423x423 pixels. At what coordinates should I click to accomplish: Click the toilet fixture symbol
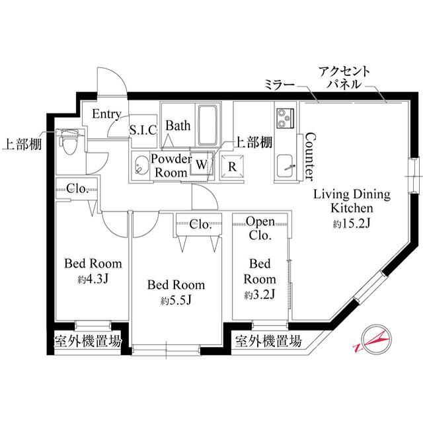[69, 141]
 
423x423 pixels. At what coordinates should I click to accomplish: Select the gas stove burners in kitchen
[286, 119]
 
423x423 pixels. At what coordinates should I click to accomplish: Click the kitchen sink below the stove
[286, 166]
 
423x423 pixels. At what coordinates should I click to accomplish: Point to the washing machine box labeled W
[201, 163]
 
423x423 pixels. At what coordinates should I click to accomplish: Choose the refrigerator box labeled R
[231, 166]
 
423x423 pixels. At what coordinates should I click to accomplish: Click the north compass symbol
[371, 341]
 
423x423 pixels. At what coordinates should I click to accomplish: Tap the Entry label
[106, 114]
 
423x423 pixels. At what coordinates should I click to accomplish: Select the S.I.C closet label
[142, 130]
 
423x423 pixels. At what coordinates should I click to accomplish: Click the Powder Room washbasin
[141, 166]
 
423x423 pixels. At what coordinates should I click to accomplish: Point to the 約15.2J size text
[351, 224]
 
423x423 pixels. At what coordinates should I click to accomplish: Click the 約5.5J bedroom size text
[175, 301]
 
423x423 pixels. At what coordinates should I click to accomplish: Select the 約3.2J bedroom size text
[260, 293]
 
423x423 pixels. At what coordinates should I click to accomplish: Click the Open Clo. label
[260, 228]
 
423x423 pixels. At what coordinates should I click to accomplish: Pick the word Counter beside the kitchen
[307, 157]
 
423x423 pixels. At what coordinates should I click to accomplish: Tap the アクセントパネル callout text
[344, 78]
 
